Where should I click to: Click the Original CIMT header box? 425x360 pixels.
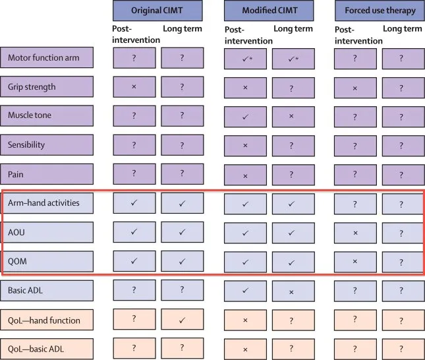pyautogui.click(x=157, y=11)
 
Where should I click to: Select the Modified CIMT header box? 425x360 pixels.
pyautogui.click(x=269, y=11)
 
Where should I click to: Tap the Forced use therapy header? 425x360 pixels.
pyautogui.click(x=380, y=11)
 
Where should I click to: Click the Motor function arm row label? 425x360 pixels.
pyautogui.click(x=47, y=57)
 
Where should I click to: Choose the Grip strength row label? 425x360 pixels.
pyautogui.click(x=47, y=86)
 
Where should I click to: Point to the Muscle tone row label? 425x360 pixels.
pyautogui.click(x=47, y=115)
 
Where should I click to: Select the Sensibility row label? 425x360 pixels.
pyautogui.click(x=47, y=145)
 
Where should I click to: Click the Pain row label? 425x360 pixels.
pyautogui.click(x=47, y=174)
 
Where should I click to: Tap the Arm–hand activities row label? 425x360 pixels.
pyautogui.click(x=47, y=203)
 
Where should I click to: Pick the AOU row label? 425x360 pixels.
pyautogui.click(x=47, y=232)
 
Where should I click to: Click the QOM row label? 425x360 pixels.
pyautogui.click(x=47, y=262)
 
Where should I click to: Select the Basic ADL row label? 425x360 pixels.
pyautogui.click(x=47, y=291)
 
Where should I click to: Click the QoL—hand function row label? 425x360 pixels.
pyautogui.click(x=47, y=320)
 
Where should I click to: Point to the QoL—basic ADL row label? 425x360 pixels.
pyautogui.click(x=47, y=349)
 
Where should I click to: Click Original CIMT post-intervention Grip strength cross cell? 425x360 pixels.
pyautogui.click(x=134, y=87)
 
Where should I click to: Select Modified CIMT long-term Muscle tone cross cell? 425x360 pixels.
pyautogui.click(x=293, y=117)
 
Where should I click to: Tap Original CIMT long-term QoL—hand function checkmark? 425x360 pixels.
pyautogui.click(x=182, y=320)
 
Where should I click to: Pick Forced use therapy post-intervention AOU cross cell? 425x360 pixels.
pyautogui.click(x=355, y=233)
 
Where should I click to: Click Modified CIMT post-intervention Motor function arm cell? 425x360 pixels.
pyautogui.click(x=245, y=59)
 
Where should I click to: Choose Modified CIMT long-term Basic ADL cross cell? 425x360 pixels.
pyautogui.click(x=293, y=291)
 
